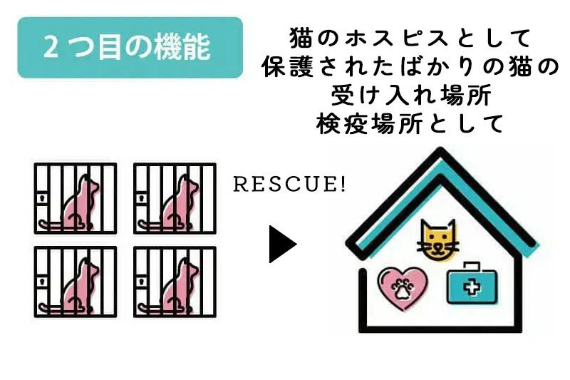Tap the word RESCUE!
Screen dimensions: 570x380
290,185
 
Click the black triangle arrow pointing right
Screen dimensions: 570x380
282,245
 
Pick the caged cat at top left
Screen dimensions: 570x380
76,198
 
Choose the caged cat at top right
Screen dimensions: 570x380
175,198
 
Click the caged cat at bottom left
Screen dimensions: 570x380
76,282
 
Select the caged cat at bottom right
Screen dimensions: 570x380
175,282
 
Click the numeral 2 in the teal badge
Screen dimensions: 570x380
51,48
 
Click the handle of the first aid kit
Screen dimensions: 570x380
470,266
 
